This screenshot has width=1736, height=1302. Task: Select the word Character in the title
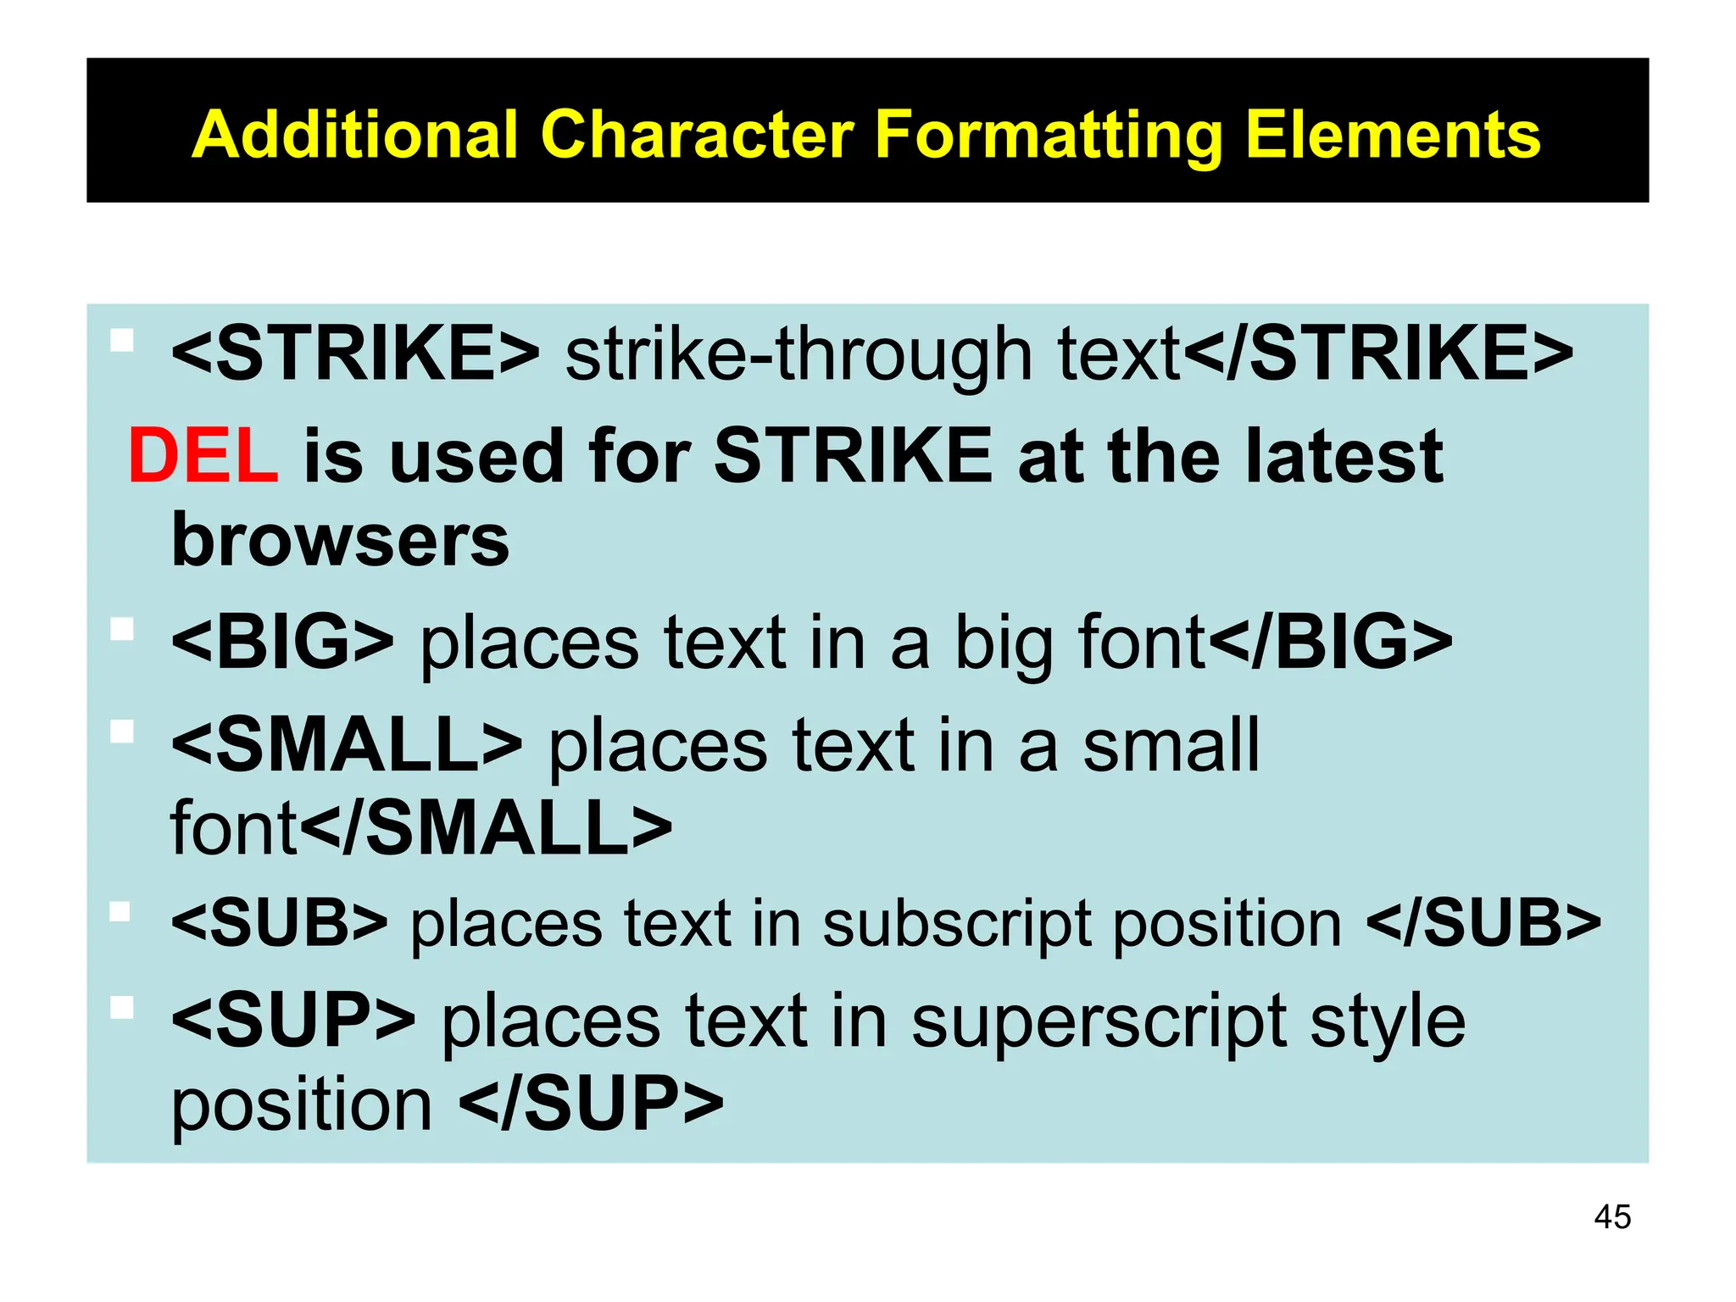pyautogui.click(x=697, y=135)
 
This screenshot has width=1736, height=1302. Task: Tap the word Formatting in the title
pyautogui.click(x=1049, y=135)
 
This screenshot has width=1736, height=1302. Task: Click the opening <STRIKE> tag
pyautogui.click(x=355, y=353)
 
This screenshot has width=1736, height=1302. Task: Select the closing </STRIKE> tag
pyautogui.click(x=1377, y=353)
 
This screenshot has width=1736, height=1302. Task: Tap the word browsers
pyautogui.click(x=340, y=540)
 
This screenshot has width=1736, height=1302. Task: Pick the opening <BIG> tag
pyautogui.click(x=282, y=642)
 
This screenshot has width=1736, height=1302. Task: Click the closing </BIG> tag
pyautogui.click(x=1330, y=642)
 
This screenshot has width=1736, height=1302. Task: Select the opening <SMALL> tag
pyautogui.click(x=347, y=745)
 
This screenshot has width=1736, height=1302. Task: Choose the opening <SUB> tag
pyautogui.click(x=279, y=923)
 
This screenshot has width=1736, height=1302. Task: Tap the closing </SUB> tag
pyautogui.click(x=1483, y=923)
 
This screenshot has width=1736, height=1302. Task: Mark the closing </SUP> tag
pyautogui.click(x=592, y=1103)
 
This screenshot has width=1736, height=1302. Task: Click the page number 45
pyautogui.click(x=1612, y=1217)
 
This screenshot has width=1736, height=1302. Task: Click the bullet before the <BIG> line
pyautogui.click(x=122, y=629)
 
